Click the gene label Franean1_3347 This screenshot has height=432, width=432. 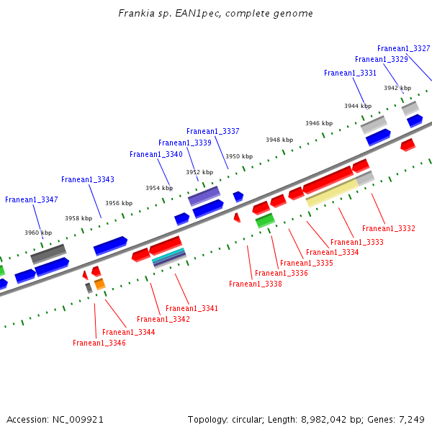pos(32,199)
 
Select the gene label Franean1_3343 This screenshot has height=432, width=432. pos(88,179)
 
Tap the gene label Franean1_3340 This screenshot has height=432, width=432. pos(156,154)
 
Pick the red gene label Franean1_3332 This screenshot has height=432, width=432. pos(389,228)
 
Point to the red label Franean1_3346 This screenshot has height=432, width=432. pos(99,343)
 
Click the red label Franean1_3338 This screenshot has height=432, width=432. pos(256,284)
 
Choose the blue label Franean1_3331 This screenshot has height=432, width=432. pos(350,73)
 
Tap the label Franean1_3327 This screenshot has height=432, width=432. pos(403,48)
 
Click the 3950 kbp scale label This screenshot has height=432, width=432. pos(239,156)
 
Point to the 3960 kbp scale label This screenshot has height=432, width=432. pos(38,233)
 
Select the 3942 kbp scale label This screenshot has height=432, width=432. pos(397,88)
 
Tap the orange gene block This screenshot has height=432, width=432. pos(100,284)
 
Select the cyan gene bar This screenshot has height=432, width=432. pos(169,254)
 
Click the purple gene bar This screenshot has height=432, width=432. pos(204,194)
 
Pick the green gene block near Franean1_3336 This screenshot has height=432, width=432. pos(265,220)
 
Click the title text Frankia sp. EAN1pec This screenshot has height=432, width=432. pos(215,14)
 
